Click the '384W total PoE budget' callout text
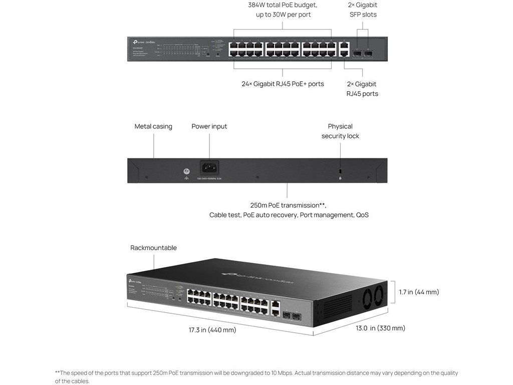coord(283,5)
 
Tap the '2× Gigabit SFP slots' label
coord(363,10)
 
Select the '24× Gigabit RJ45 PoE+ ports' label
coord(283,84)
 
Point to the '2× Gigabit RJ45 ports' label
coord(362,89)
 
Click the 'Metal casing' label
coord(153,126)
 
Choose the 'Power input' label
coord(209,126)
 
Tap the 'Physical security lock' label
coord(340,131)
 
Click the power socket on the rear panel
coord(209,167)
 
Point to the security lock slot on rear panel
coord(341,171)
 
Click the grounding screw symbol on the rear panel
coord(186,171)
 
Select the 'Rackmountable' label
coord(153,248)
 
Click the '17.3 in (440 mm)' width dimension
coord(212,330)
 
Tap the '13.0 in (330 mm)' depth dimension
coord(380,328)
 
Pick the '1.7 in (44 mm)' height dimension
coord(419,292)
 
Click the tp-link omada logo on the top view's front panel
coord(141,42)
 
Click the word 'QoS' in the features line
coord(362,215)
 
